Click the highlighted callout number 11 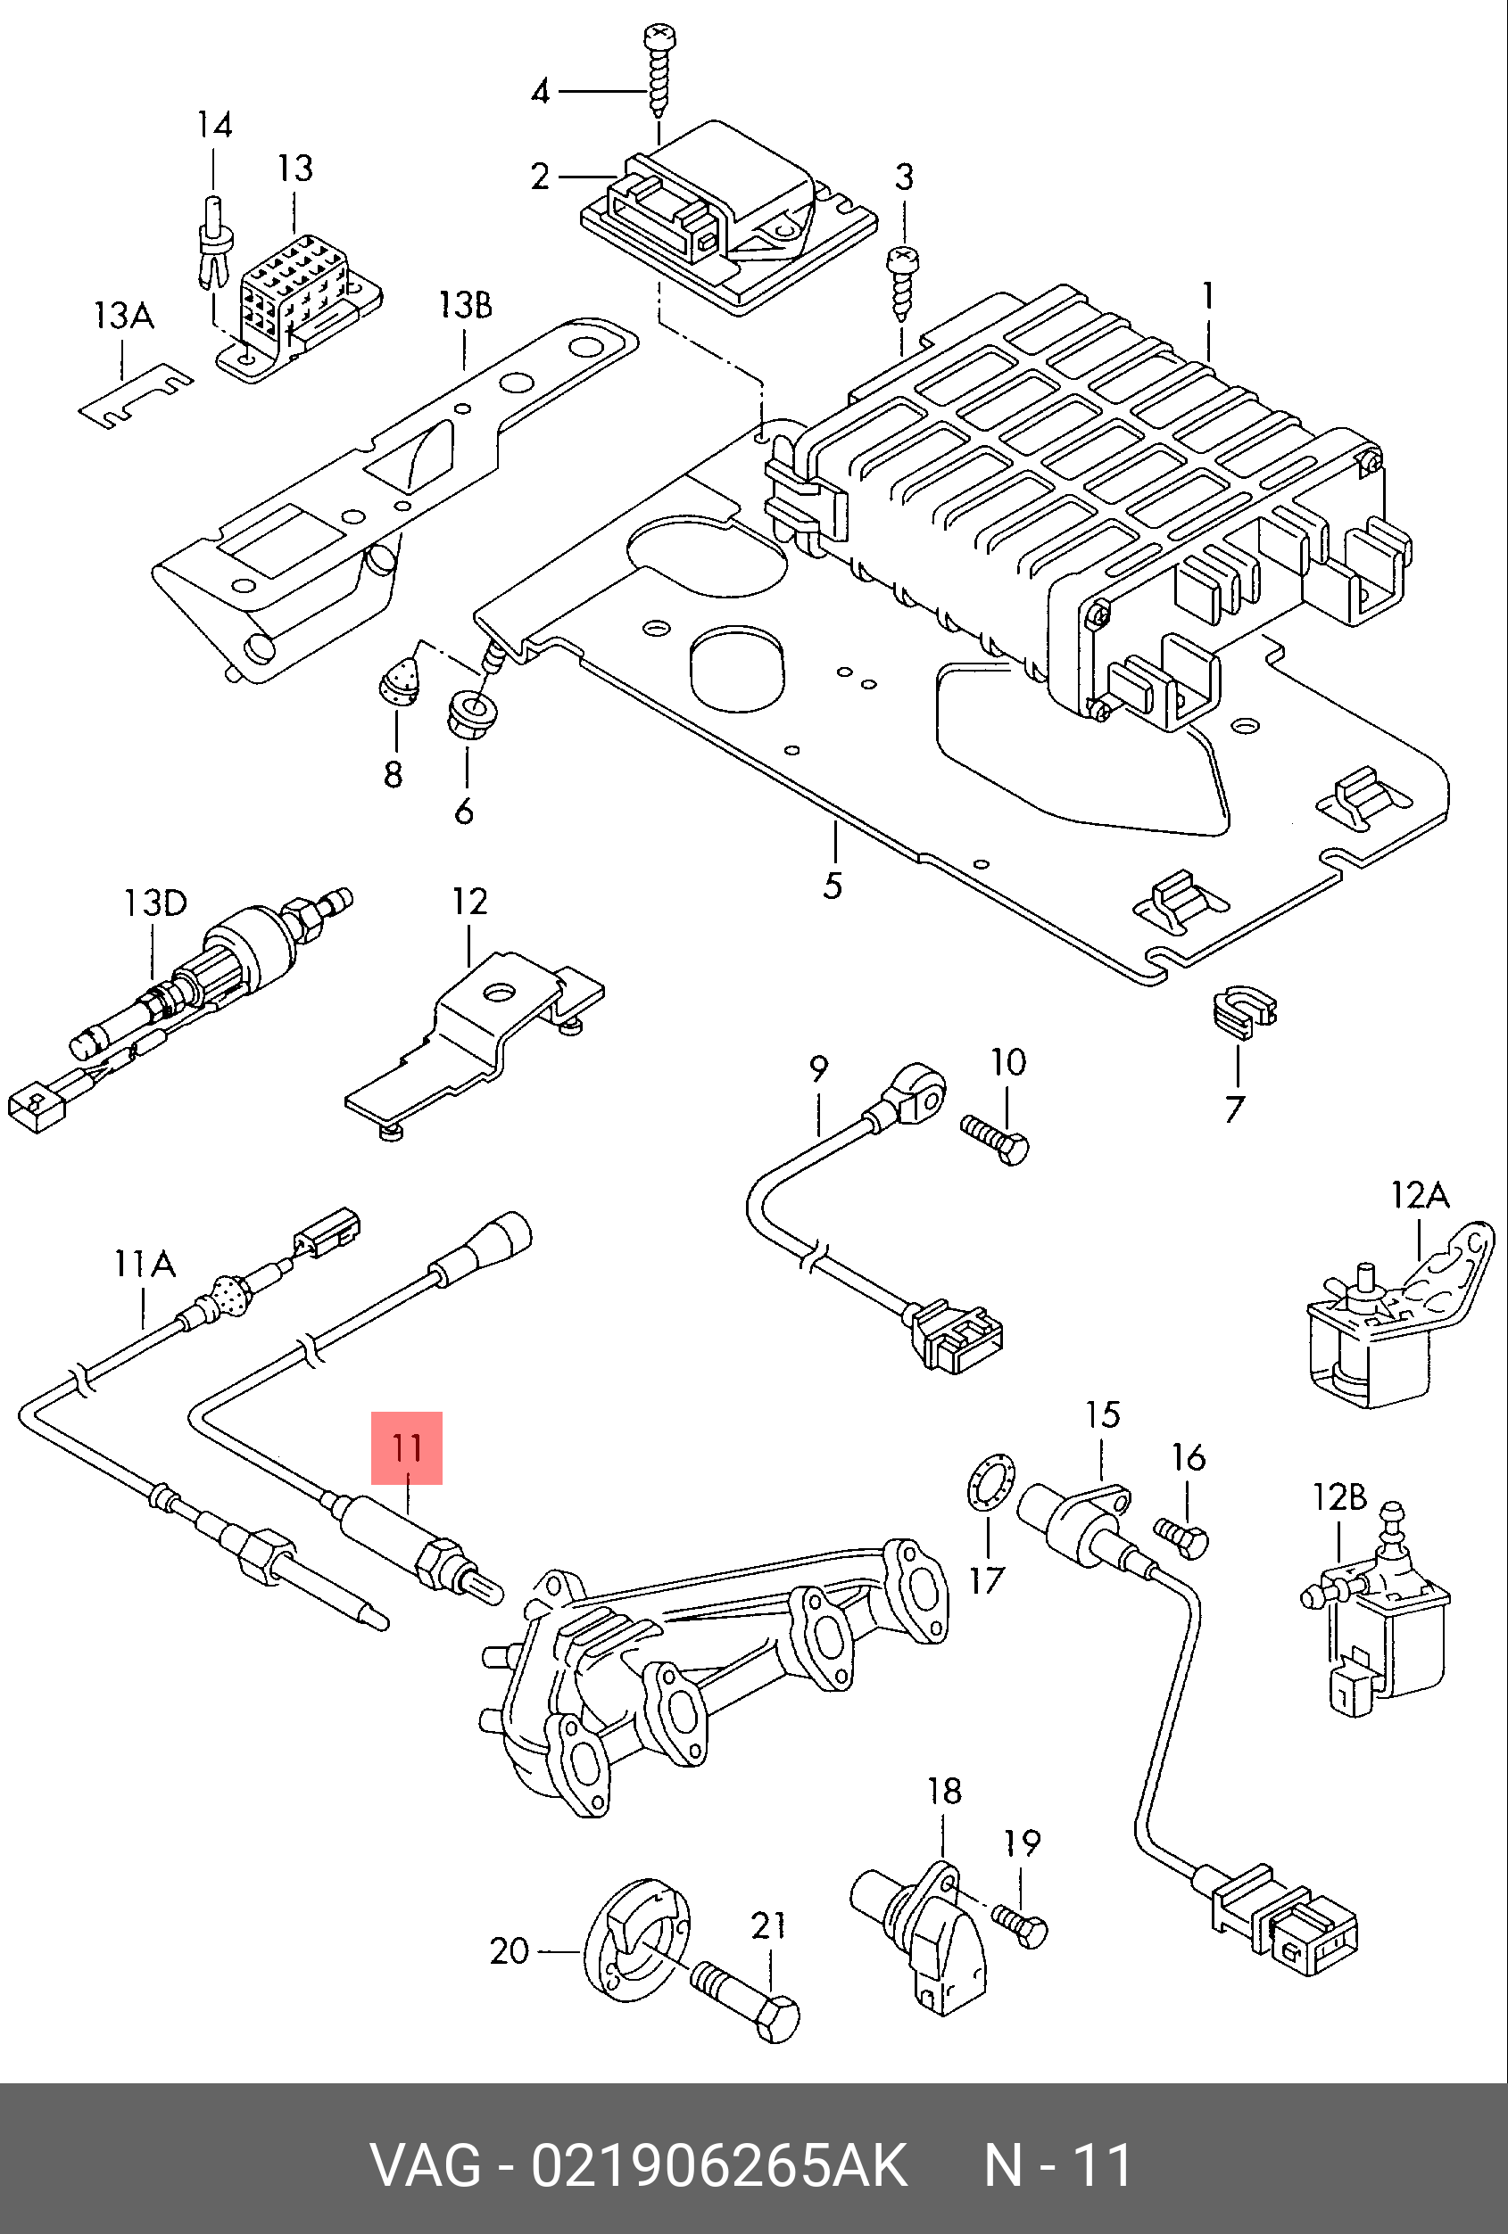407,1447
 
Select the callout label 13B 466,306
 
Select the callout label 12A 1420,1195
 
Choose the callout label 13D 155,903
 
